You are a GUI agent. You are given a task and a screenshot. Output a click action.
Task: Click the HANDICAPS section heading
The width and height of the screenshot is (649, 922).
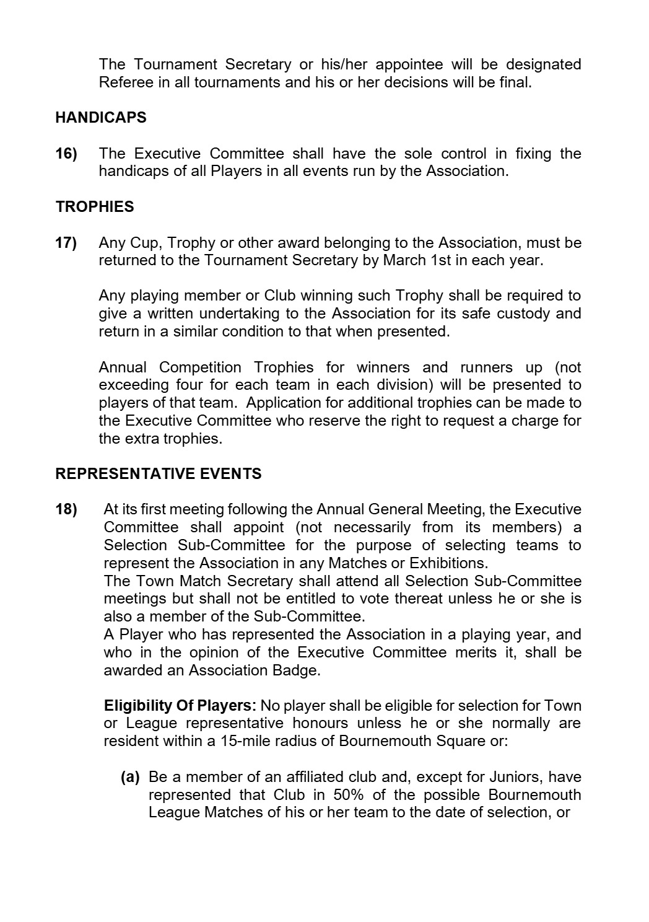click(x=101, y=118)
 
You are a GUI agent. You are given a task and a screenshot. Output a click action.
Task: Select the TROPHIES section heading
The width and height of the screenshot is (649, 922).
click(x=95, y=207)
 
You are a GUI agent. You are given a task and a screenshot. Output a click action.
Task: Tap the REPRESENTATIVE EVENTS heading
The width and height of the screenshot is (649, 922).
click(x=159, y=474)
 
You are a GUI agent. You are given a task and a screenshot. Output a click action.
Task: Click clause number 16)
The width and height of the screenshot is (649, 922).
click(x=66, y=154)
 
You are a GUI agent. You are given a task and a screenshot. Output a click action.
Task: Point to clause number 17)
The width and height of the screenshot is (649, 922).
click(x=66, y=243)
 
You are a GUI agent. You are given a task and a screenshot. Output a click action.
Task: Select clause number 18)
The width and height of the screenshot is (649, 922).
click(x=66, y=510)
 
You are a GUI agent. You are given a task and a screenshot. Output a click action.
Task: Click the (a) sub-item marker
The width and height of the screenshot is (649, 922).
click(x=129, y=777)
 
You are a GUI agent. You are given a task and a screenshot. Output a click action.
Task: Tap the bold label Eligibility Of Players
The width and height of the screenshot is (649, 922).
click(x=180, y=706)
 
